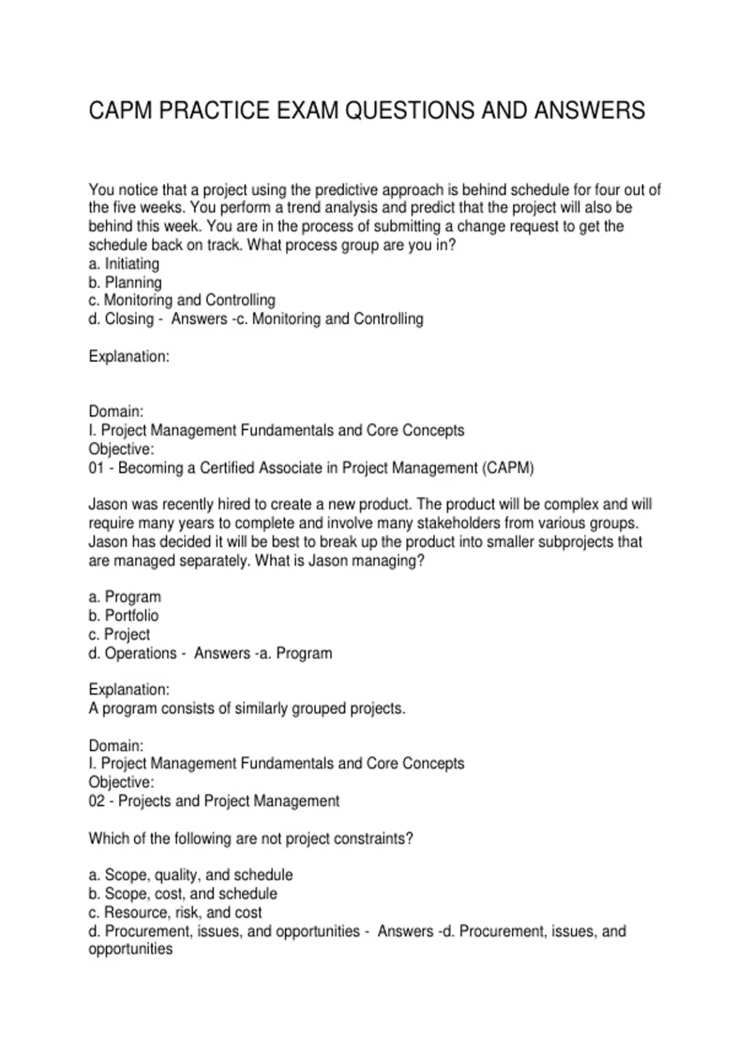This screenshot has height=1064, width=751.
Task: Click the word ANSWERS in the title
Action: [589, 111]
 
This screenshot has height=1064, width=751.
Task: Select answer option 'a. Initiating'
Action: [124, 263]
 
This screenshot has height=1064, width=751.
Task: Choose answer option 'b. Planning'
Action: [125, 282]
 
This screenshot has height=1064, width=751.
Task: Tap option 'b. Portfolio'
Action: [124, 615]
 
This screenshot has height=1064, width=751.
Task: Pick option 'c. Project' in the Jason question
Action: [120, 634]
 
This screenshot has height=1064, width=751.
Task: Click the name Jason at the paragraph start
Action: [108, 504]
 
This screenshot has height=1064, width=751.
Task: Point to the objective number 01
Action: [96, 468]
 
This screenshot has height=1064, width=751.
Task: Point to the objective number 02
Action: [96, 801]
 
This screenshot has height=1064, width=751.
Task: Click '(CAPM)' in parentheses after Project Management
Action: [508, 468]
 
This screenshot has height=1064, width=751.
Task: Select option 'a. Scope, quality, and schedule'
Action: [191, 874]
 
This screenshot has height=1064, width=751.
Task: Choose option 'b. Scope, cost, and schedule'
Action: [183, 893]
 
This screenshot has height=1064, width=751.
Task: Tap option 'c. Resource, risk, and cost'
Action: [175, 912]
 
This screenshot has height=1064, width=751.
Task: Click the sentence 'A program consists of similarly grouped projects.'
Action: [247, 708]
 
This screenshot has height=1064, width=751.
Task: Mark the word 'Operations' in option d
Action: [141, 653]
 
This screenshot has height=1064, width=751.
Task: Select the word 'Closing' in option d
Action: [129, 319]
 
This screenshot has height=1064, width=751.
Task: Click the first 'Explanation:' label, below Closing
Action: [129, 356]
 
